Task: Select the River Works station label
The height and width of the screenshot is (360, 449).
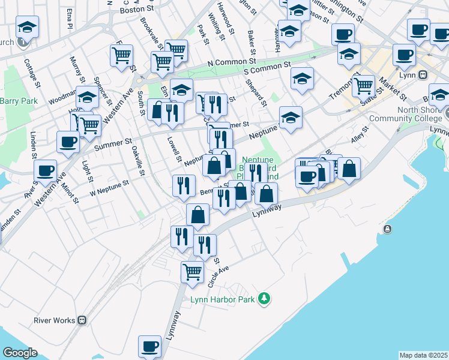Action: [x=55, y=320]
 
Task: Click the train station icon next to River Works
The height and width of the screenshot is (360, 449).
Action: [x=83, y=320]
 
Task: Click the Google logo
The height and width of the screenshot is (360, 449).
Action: [x=20, y=353]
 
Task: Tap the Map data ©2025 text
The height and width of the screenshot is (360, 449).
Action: [x=423, y=355]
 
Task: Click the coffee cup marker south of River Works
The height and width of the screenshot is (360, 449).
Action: [x=149, y=346]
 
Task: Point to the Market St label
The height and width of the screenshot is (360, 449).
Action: [x=393, y=88]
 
